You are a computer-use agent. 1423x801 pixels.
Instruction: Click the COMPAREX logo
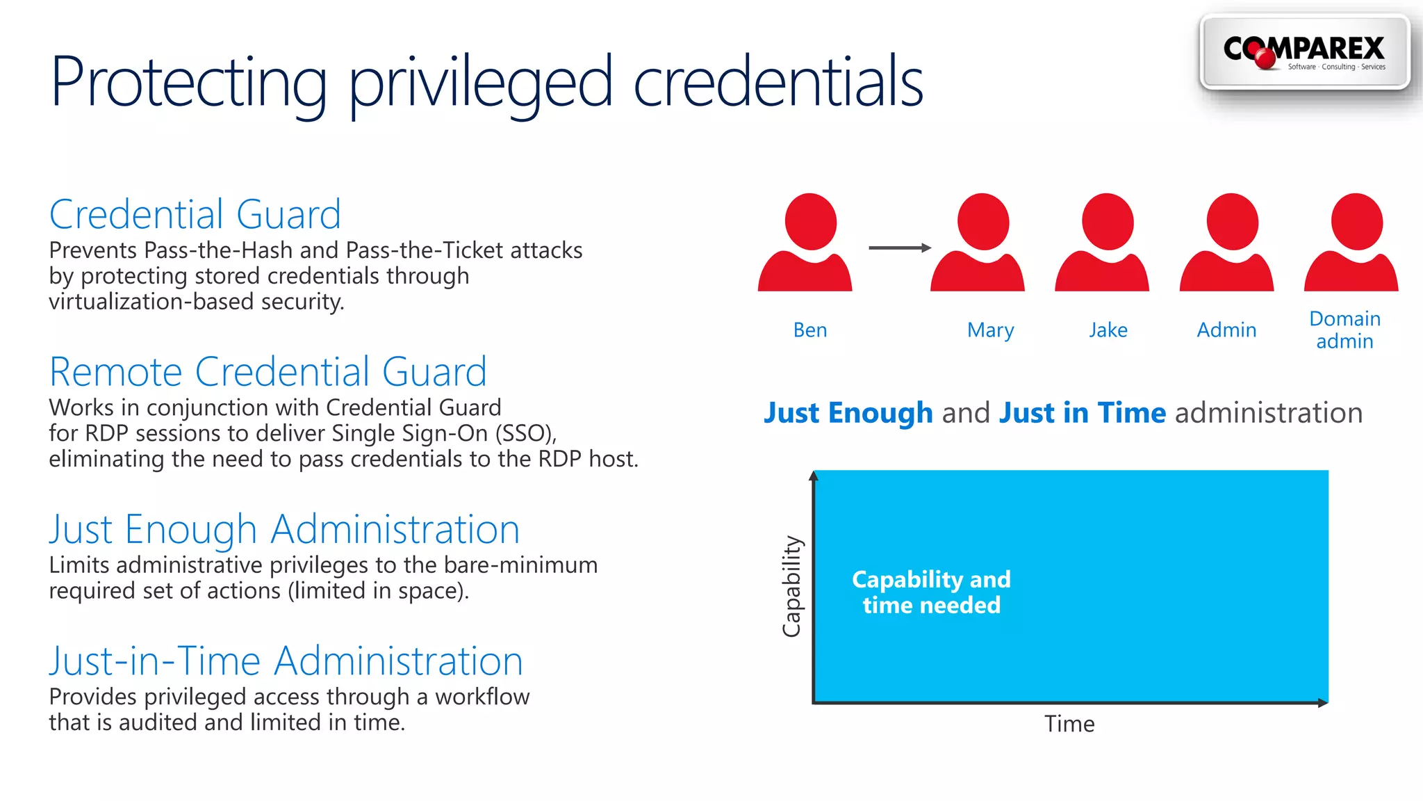pyautogui.click(x=1304, y=53)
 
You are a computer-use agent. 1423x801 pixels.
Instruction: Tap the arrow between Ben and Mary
pyautogui.click(x=899, y=248)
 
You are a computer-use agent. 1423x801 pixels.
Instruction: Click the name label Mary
pyautogui.click(x=990, y=330)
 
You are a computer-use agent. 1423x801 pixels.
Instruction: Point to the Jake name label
pyautogui.click(x=1108, y=330)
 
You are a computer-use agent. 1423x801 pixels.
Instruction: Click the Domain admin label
pyautogui.click(x=1344, y=330)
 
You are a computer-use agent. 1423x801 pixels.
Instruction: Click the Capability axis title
pyautogui.click(x=792, y=586)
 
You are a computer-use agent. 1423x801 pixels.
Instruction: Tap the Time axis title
pyautogui.click(x=1069, y=725)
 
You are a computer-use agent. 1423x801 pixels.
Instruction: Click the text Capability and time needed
pyautogui.click(x=931, y=592)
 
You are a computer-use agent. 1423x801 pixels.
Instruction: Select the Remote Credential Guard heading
pyautogui.click(x=268, y=372)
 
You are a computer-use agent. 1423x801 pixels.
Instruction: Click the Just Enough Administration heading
pyautogui.click(x=284, y=530)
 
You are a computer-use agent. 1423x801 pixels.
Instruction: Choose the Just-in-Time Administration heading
pyautogui.click(x=286, y=661)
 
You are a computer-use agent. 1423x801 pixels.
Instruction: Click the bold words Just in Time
pyautogui.click(x=1082, y=413)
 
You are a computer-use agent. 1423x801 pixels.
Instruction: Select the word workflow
pyautogui.click(x=482, y=697)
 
